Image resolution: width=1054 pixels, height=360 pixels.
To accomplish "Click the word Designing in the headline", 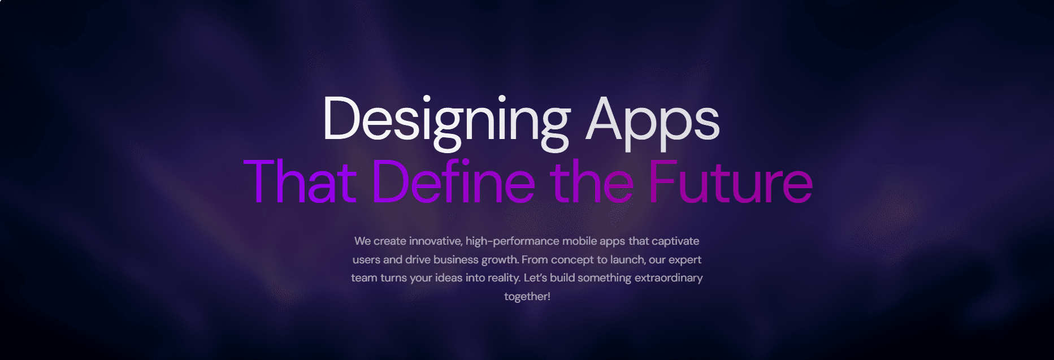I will (446, 120).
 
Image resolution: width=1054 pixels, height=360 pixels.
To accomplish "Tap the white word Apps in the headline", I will (652, 120).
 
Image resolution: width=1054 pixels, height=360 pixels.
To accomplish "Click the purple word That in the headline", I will (300, 182).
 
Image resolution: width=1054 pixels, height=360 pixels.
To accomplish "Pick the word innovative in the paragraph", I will (435, 241).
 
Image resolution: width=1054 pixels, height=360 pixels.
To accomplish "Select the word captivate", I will (675, 241).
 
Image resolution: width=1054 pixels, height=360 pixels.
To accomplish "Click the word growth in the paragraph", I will (500, 260).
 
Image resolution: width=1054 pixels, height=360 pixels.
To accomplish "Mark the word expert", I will (685, 260).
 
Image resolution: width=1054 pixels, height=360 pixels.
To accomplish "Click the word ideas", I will (448, 278).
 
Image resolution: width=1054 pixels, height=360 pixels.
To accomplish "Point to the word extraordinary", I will (669, 278).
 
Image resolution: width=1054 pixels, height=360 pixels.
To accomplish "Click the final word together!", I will (527, 297).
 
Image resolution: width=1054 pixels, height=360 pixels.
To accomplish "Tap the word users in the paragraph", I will (366, 260).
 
